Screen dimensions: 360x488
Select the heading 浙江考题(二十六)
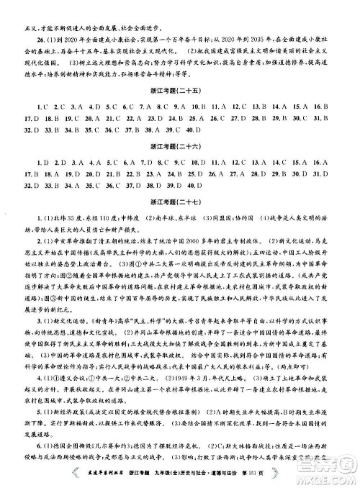point(180,143)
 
